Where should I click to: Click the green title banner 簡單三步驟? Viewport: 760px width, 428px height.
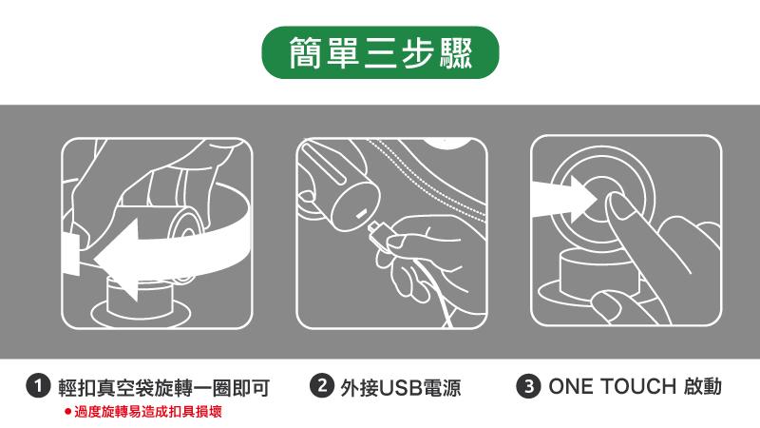[x=380, y=52]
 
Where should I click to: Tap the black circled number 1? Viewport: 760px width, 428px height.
[x=38, y=386]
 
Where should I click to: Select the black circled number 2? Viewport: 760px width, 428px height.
[x=322, y=386]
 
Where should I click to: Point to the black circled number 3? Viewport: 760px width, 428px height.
[x=528, y=386]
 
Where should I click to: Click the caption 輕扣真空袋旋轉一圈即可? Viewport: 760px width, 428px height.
[x=163, y=388]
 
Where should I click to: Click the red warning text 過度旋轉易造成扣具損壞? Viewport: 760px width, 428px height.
[x=148, y=412]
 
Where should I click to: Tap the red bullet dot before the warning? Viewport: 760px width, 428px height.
[x=67, y=412]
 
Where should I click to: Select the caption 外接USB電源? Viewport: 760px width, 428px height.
[x=400, y=388]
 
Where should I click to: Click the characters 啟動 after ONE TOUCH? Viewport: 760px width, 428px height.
[x=703, y=387]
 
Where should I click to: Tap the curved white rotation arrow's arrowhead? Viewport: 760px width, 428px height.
[x=118, y=259]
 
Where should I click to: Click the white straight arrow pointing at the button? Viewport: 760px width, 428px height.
[x=564, y=199]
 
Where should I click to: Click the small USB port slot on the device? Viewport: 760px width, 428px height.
[x=361, y=214]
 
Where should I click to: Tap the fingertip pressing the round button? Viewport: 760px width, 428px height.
[x=617, y=204]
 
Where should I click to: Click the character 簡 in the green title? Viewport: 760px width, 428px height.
[x=305, y=52]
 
